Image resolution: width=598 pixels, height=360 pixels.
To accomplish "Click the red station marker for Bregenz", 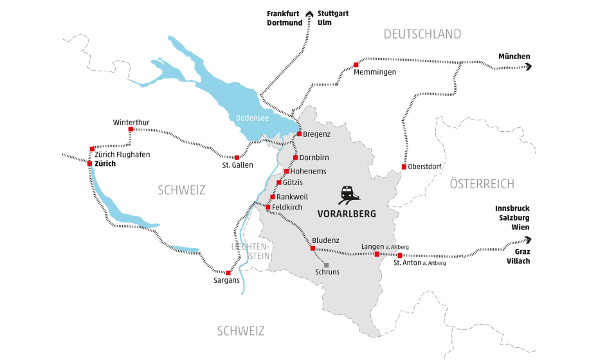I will [x=299, y=134].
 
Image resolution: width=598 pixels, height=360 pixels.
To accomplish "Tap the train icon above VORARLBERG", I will [x=347, y=194].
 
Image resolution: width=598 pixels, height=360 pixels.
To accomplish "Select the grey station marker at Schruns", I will [x=326, y=265].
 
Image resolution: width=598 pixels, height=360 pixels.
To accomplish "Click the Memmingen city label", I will [x=375, y=73].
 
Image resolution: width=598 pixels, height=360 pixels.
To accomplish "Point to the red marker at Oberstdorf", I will [x=404, y=167].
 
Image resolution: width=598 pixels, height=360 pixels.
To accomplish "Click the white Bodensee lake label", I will [x=251, y=118].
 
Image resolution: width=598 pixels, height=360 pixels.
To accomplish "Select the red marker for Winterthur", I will [x=131, y=129].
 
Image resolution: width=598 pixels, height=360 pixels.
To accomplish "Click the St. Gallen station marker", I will [x=237, y=157].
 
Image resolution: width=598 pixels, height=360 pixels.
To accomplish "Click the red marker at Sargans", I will [x=228, y=273].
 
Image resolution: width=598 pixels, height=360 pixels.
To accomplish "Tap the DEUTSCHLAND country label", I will [x=422, y=34].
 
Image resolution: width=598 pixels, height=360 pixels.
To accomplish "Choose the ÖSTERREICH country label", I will [x=482, y=184].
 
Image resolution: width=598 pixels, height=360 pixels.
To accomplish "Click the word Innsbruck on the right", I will [x=512, y=209].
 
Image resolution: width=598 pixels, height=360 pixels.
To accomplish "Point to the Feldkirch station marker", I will [x=267, y=207].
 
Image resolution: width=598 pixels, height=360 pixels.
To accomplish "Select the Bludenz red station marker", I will [x=313, y=248].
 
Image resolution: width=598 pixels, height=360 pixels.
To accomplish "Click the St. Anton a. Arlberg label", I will [x=419, y=262].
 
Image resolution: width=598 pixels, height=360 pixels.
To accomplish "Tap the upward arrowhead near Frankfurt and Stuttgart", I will [x=309, y=14].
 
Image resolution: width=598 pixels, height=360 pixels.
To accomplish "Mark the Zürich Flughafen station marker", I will [x=92, y=148].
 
